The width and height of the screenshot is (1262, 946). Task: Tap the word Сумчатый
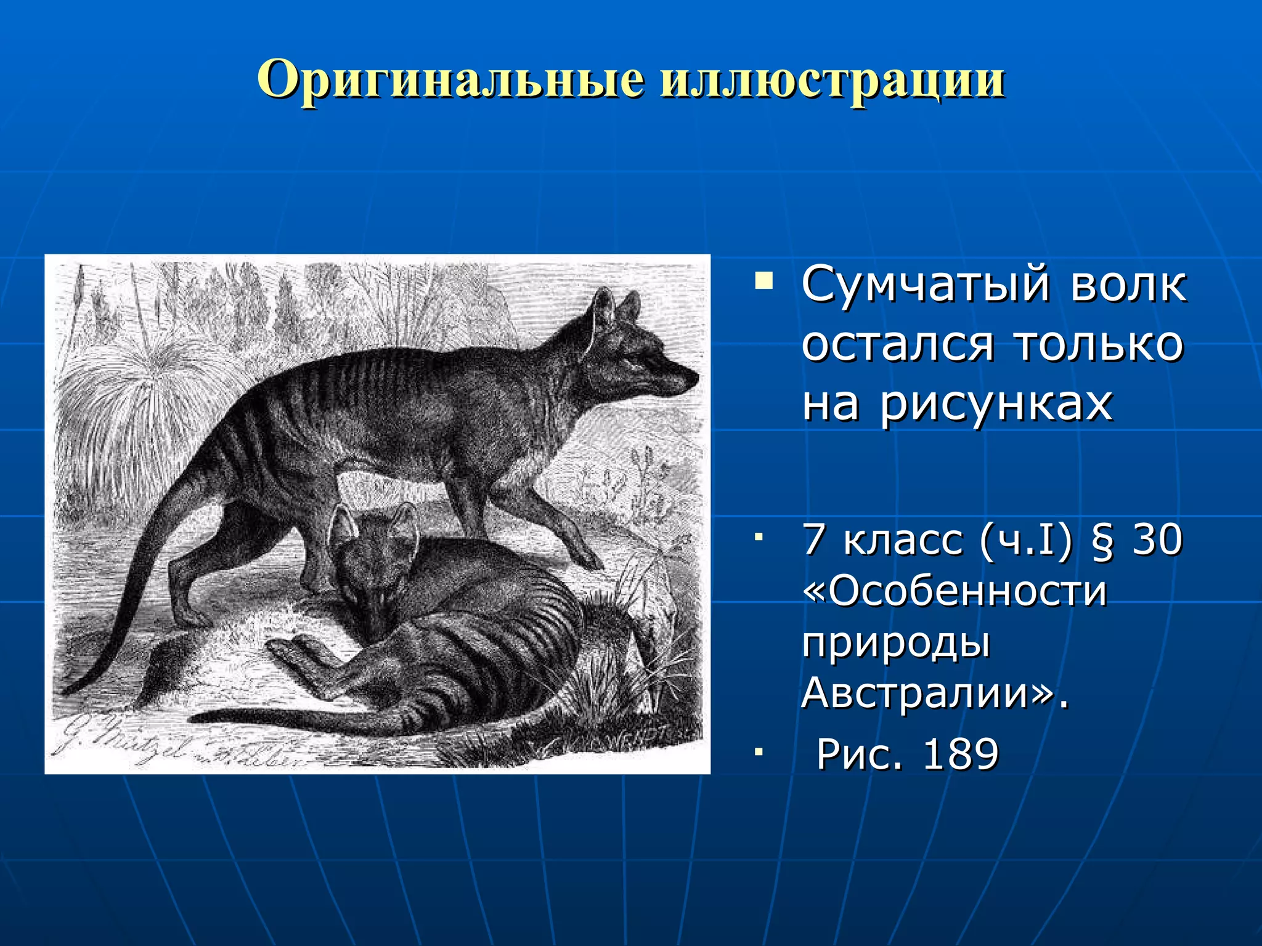coord(925,285)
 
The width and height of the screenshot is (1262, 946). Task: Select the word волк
coord(1128,285)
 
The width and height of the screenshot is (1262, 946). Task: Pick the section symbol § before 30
coord(1102,540)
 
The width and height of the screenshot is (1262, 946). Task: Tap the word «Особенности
coord(955,591)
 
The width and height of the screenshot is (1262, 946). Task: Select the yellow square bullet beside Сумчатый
coord(764,282)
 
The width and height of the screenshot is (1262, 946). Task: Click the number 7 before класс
coord(815,540)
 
